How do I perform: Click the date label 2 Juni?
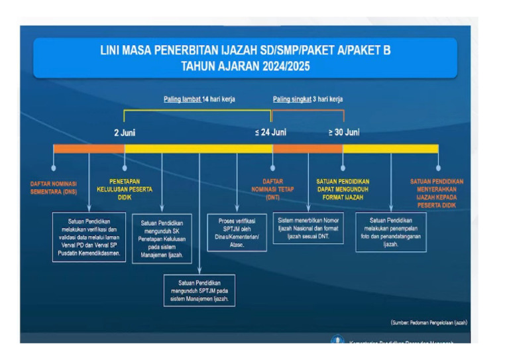click(x=125, y=133)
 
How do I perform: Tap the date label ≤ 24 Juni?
click(x=271, y=133)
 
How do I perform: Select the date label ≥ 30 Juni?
click(x=344, y=133)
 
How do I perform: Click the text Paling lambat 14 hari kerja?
click(x=199, y=99)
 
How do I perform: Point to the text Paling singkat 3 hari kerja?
click(x=308, y=99)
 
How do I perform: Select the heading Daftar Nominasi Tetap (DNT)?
click(x=272, y=189)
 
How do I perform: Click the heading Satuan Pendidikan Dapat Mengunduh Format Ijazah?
click(x=343, y=189)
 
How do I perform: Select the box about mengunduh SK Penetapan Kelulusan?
click(x=162, y=238)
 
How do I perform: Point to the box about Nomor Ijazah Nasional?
click(x=308, y=227)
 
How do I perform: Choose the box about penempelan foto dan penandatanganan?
click(x=390, y=232)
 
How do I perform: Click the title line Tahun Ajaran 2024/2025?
click(x=245, y=66)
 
